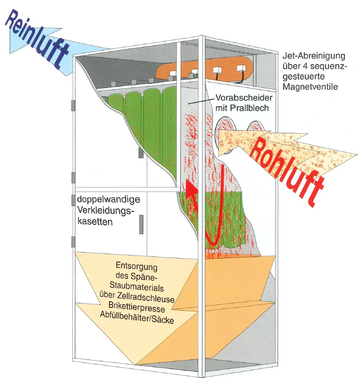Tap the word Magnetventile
[310, 87]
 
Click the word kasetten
[95, 222]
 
